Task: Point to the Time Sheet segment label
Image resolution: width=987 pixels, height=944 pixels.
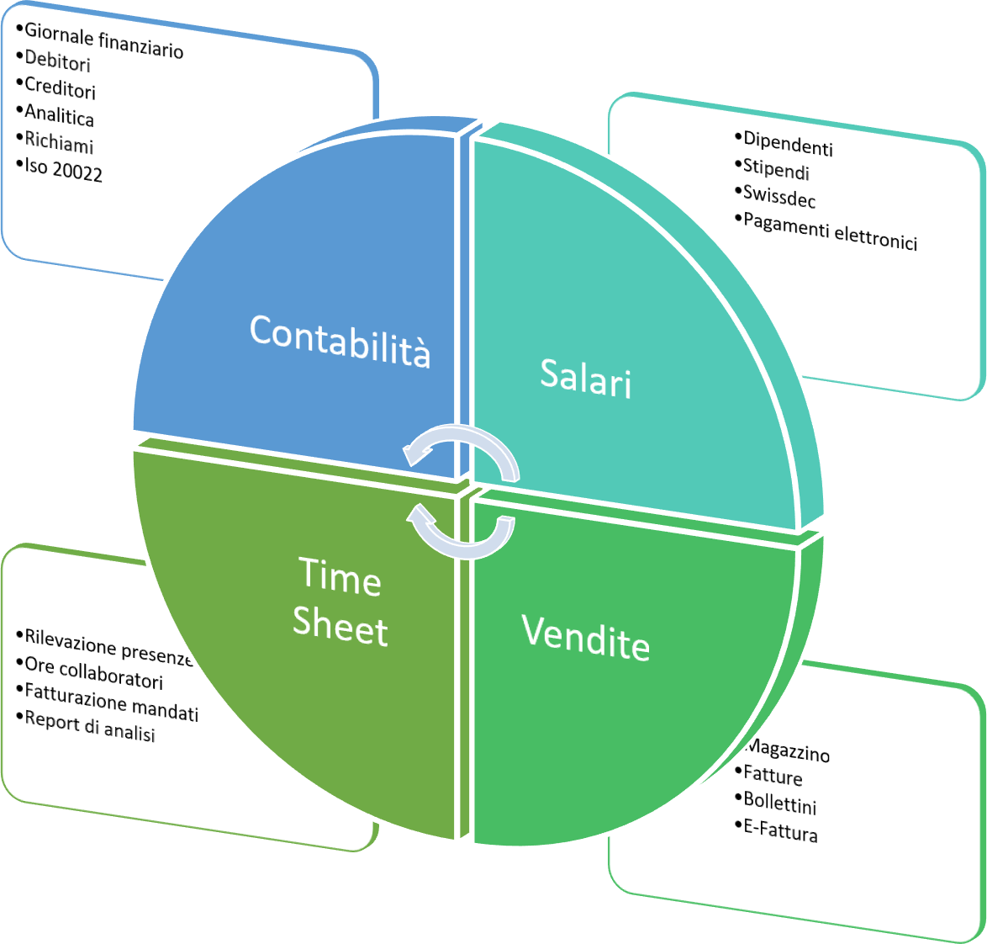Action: [340, 603]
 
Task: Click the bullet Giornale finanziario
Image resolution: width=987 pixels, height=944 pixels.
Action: [103, 40]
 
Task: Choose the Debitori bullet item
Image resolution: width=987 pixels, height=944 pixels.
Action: [57, 61]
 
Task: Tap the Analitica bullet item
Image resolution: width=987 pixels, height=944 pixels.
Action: [59, 115]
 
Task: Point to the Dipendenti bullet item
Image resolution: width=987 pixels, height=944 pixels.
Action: [788, 145]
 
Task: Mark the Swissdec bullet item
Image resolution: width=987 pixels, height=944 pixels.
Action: [779, 196]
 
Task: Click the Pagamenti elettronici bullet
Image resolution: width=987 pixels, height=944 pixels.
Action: [830, 231]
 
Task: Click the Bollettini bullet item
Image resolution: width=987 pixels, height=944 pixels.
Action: [779, 803]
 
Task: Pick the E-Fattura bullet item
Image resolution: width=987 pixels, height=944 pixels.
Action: [780, 830]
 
